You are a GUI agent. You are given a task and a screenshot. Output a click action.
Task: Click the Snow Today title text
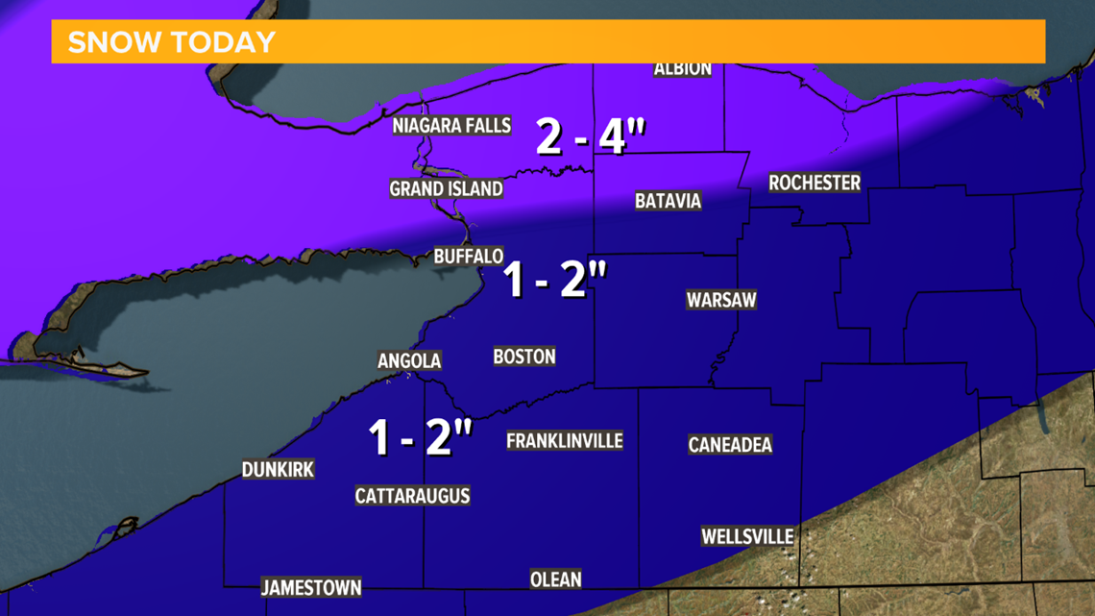click(x=172, y=42)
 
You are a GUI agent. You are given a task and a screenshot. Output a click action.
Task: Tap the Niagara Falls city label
click(x=451, y=126)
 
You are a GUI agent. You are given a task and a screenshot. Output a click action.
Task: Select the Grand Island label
click(x=446, y=188)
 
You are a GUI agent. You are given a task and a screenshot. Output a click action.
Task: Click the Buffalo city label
click(x=469, y=257)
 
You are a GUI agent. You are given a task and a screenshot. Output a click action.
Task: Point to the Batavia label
click(x=668, y=201)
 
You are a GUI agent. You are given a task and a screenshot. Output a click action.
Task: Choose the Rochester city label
click(x=815, y=183)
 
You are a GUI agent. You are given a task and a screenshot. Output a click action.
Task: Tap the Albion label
click(x=683, y=68)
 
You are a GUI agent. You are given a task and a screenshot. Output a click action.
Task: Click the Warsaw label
click(x=721, y=300)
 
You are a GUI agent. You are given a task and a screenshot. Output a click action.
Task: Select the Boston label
click(x=524, y=357)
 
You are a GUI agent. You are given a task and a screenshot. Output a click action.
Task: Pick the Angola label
click(x=409, y=360)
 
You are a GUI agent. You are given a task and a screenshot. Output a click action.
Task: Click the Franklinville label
click(x=565, y=441)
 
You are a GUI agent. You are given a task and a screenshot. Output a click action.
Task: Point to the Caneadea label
click(x=730, y=444)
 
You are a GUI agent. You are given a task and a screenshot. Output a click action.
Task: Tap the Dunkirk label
click(x=278, y=470)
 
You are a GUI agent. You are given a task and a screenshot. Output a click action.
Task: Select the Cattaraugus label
click(x=412, y=496)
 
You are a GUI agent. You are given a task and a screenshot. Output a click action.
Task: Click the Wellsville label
click(x=747, y=536)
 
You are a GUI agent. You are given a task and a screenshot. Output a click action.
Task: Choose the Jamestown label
click(x=311, y=587)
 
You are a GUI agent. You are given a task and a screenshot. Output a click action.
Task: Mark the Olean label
click(x=555, y=579)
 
